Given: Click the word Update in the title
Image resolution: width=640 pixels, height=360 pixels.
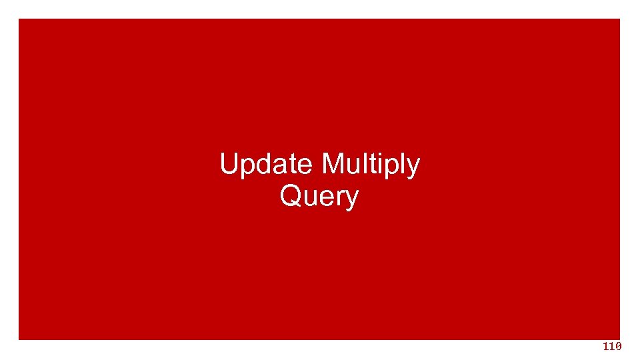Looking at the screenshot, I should click(267, 164).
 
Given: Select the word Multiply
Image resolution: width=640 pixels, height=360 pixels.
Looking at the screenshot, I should click(370, 164).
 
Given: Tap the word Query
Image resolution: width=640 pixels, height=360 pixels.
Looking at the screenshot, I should click(319, 197).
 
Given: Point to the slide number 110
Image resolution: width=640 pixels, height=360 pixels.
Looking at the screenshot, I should click(612, 347).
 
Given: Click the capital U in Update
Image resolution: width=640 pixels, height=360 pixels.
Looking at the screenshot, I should click(229, 164).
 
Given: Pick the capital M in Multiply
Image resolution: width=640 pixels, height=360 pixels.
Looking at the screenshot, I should click(332, 164).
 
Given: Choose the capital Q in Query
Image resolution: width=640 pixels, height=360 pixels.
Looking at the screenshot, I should click(291, 197).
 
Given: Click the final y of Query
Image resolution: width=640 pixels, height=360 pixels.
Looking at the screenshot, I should click(351, 201).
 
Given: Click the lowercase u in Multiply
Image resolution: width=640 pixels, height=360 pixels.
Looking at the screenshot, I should click(351, 165).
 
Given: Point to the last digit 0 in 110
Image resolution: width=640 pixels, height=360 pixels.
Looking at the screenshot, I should click(619, 347).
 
